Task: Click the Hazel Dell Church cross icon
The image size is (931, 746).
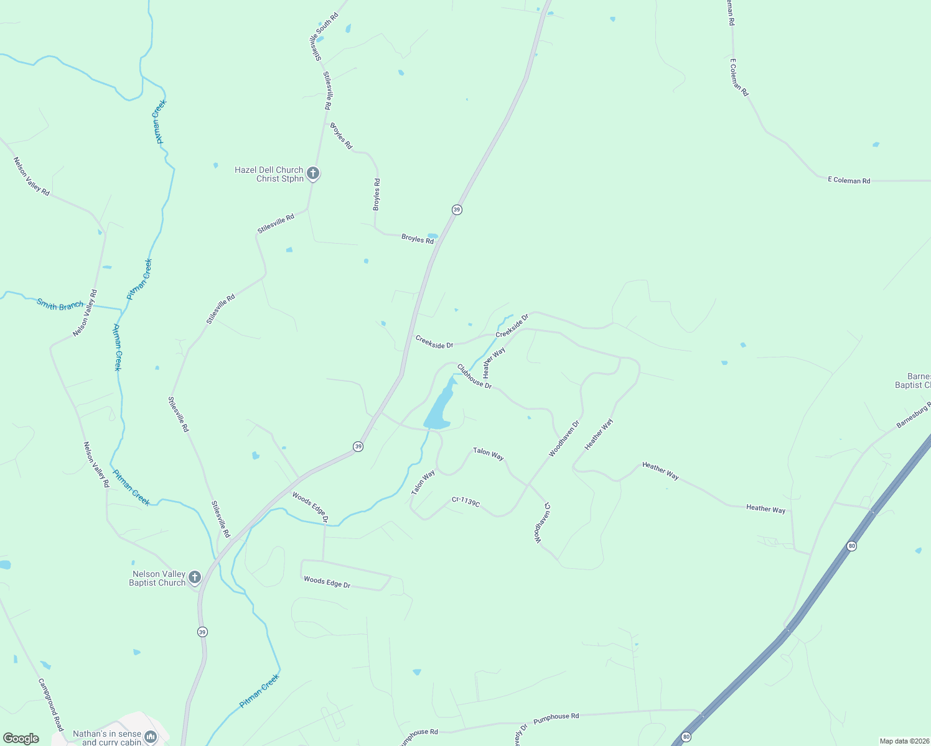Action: pyautogui.click(x=313, y=173)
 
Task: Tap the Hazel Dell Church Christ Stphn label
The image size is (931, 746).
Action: pyautogui.click(x=269, y=174)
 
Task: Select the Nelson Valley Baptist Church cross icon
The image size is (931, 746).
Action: pyautogui.click(x=194, y=578)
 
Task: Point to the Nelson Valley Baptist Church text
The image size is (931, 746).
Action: pyautogui.click(x=158, y=579)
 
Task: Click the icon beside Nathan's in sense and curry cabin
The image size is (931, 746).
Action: pyautogui.click(x=150, y=737)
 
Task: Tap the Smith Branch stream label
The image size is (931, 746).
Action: pyautogui.click(x=60, y=305)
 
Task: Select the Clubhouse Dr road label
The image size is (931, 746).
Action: pyautogui.click(x=474, y=377)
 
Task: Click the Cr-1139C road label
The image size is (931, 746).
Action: pyautogui.click(x=465, y=502)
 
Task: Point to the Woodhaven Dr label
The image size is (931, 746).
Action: pyautogui.click(x=564, y=439)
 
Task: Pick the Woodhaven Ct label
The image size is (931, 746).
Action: pyautogui.click(x=543, y=523)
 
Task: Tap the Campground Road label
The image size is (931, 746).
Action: pyautogui.click(x=51, y=704)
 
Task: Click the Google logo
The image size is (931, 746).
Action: pyautogui.click(x=21, y=739)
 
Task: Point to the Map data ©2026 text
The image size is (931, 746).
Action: pyautogui.click(x=904, y=741)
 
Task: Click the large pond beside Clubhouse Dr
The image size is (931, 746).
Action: pyautogui.click(x=441, y=407)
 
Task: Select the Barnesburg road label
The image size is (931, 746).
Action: pyautogui.click(x=914, y=415)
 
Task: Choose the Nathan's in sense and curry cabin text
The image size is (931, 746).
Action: pyautogui.click(x=107, y=738)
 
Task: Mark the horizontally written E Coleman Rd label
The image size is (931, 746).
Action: pyautogui.click(x=849, y=180)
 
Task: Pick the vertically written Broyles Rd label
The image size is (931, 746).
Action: pyautogui.click(x=377, y=195)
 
